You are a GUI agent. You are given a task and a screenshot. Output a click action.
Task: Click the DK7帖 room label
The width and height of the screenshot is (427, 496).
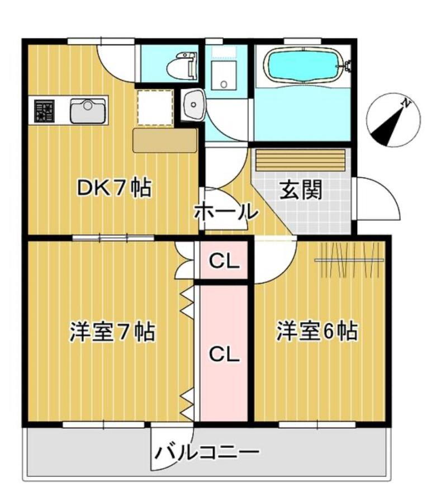(113, 188)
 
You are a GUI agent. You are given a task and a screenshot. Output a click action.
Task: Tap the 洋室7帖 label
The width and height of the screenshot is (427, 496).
(112, 332)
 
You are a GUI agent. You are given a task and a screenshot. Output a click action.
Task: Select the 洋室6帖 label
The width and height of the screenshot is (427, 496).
(316, 332)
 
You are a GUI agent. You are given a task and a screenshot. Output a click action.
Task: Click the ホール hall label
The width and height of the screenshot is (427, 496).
(226, 212)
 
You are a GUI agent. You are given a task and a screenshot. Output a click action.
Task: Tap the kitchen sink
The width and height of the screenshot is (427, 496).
(88, 110)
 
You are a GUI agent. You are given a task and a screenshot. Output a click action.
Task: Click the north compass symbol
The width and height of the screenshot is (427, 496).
(393, 120)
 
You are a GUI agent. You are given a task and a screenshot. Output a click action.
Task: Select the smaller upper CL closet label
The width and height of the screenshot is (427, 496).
(225, 261)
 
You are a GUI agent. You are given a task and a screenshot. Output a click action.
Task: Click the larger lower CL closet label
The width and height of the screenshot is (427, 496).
(224, 353)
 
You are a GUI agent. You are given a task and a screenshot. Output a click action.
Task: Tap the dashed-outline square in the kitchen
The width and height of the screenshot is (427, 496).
(155, 107)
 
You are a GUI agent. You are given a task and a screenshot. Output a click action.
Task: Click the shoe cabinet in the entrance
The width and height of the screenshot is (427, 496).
(301, 160)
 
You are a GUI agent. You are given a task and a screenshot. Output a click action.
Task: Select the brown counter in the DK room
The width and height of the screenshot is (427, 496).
(164, 140)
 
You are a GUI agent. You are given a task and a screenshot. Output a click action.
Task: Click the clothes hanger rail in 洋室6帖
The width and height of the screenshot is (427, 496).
(349, 260)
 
